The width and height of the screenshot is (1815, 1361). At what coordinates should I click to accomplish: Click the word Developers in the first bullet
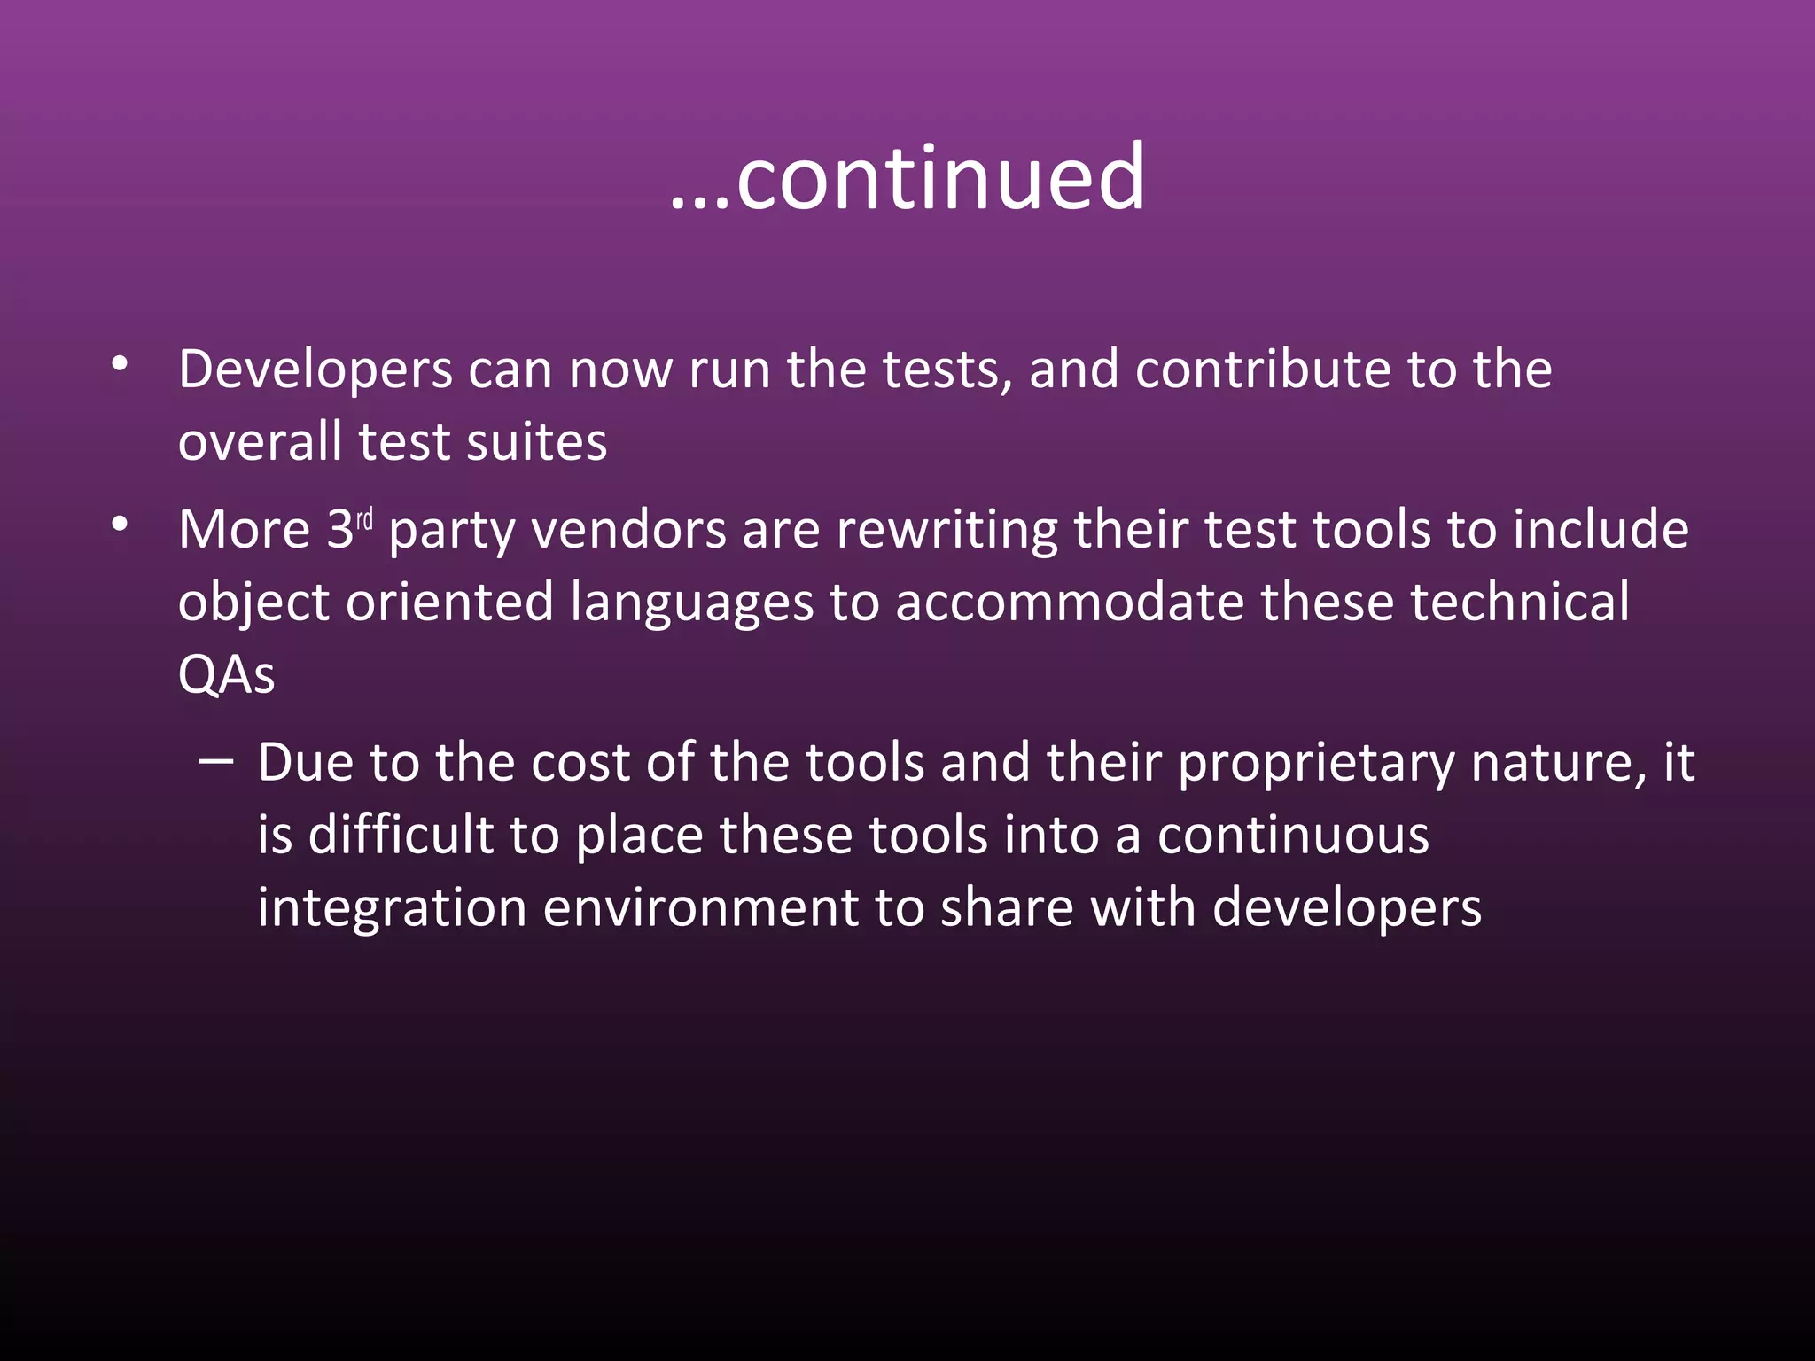(x=315, y=369)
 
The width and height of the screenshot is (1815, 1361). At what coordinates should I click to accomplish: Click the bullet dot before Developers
(x=120, y=364)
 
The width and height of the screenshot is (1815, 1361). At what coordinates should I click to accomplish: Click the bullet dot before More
(x=120, y=525)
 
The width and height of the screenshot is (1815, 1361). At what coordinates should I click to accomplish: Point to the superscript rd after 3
(x=364, y=519)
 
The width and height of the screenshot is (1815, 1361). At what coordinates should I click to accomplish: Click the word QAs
(x=226, y=675)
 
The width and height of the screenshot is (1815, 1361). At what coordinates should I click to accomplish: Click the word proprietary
(x=1316, y=764)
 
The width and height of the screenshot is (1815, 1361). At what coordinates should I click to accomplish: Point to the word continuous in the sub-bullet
(x=1293, y=836)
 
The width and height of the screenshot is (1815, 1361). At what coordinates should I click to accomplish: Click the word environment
(x=700, y=908)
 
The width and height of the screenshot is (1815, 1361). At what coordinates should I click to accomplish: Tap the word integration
(x=392, y=910)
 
